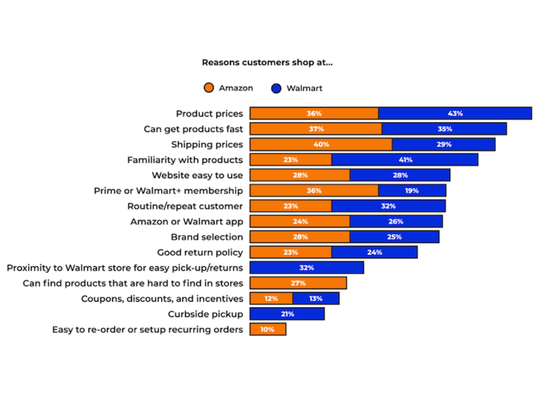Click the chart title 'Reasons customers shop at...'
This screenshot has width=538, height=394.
click(x=267, y=63)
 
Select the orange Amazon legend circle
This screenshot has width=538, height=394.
click(x=209, y=88)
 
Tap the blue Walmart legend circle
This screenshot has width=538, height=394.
click(x=276, y=88)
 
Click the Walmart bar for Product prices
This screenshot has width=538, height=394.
click(x=455, y=113)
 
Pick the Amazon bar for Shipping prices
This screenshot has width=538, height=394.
click(x=321, y=144)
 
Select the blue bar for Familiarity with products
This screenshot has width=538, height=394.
click(x=404, y=160)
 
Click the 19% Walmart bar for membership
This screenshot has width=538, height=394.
click(x=412, y=191)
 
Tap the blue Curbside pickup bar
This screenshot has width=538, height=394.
click(x=287, y=314)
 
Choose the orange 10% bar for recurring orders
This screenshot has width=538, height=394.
click(x=268, y=330)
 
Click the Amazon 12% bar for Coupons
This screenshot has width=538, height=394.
click(x=271, y=299)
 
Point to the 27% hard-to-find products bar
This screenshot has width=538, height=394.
click(x=298, y=283)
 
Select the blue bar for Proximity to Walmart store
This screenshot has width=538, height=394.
click(x=307, y=268)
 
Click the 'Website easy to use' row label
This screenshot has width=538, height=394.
click(x=197, y=175)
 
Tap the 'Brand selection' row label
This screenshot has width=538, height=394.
click(x=207, y=237)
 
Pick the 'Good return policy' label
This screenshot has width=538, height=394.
click(x=200, y=252)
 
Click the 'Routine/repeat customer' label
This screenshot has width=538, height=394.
click(x=185, y=206)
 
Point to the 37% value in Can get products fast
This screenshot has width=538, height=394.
click(x=316, y=129)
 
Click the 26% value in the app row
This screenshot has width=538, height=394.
click(x=396, y=221)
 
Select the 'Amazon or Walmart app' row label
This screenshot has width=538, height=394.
click(x=187, y=222)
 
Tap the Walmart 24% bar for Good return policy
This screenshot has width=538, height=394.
click(x=374, y=252)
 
